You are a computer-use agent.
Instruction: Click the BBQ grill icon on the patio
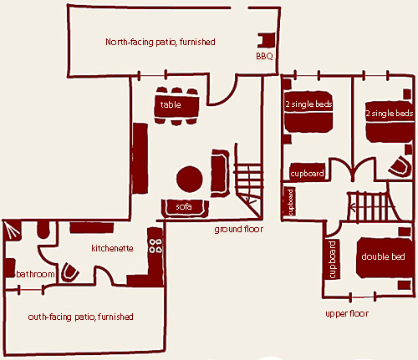(x=266, y=40)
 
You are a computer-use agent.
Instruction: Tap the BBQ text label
(x=264, y=56)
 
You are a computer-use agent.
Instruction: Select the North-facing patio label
(x=161, y=42)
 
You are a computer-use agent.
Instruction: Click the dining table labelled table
(x=176, y=105)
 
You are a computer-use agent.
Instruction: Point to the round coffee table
(x=190, y=179)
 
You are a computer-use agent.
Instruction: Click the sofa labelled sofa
(x=185, y=208)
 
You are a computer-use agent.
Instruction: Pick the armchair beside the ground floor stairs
(x=220, y=173)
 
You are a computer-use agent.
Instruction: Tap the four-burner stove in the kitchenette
(x=155, y=246)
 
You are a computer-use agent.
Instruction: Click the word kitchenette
(x=112, y=248)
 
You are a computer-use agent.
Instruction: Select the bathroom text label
(x=35, y=274)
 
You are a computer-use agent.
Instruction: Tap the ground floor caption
(x=239, y=230)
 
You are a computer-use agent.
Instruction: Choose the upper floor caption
(x=347, y=314)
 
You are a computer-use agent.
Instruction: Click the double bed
(x=384, y=257)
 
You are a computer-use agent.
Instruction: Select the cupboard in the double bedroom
(x=332, y=260)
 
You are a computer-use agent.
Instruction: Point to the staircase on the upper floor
(x=368, y=206)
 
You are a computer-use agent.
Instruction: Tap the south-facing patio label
(x=80, y=317)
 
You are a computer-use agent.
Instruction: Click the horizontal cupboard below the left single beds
(x=307, y=173)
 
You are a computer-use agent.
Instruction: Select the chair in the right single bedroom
(x=400, y=166)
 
